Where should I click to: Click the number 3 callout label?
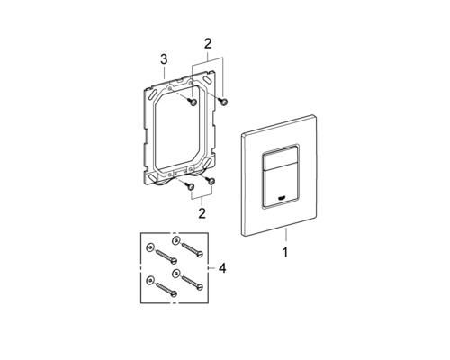[x=164, y=59]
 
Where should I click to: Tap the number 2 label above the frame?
[x=208, y=44]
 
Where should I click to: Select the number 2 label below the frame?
[x=202, y=213]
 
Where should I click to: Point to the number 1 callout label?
[x=285, y=252]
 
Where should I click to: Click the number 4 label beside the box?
[x=222, y=268]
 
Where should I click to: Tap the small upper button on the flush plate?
[x=280, y=157]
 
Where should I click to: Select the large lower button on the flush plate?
[x=281, y=186]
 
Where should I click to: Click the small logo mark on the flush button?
[x=282, y=198]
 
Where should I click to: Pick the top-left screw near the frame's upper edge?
[x=192, y=102]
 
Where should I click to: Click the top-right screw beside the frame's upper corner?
[x=223, y=102]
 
